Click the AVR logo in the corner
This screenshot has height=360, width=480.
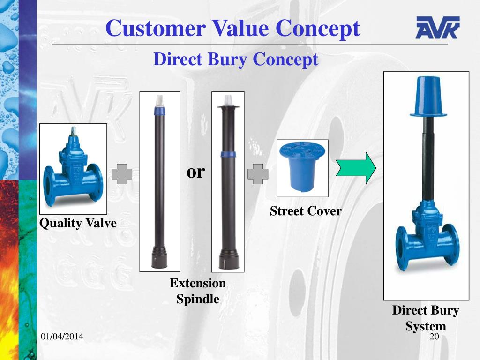437,28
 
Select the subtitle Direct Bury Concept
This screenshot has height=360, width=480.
236,60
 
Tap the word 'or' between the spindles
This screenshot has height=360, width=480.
196,172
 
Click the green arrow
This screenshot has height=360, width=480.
356,167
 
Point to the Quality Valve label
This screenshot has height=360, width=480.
78,223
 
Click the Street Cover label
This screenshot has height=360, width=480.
306,211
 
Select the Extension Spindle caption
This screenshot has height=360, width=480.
198,291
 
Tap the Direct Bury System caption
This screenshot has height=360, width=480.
426,318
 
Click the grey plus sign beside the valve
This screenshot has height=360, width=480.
122,174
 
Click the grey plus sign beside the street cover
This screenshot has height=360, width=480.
258,174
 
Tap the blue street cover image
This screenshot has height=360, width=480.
302,168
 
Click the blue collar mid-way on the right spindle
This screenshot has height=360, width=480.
228,154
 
